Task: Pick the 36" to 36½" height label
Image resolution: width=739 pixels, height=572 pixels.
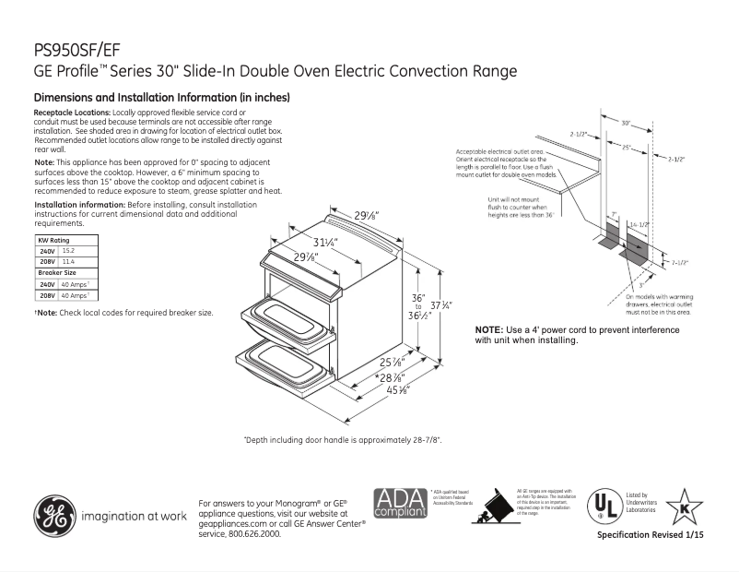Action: coord(417,304)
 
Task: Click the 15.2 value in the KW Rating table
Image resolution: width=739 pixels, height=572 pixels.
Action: coord(68,251)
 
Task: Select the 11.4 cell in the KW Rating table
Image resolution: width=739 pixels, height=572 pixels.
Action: coord(68,262)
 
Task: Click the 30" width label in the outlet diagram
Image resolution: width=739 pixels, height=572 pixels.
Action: coord(626,123)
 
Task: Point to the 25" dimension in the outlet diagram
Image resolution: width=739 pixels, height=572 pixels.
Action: coord(627,148)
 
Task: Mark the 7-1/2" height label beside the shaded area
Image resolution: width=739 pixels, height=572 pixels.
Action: coord(680,262)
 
